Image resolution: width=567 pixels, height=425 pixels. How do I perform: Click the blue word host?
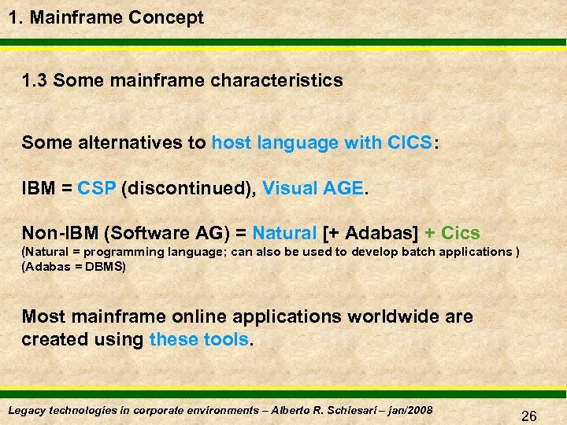point(232,143)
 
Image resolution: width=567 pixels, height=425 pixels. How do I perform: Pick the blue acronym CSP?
point(96,189)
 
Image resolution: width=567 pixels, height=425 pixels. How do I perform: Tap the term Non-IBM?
point(60,234)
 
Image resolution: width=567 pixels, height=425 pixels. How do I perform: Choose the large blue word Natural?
point(285,234)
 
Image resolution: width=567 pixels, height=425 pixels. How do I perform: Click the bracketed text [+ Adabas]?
point(371,234)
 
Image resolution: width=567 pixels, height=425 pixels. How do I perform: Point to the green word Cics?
point(461,234)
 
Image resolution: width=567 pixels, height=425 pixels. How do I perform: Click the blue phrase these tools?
point(198,340)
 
